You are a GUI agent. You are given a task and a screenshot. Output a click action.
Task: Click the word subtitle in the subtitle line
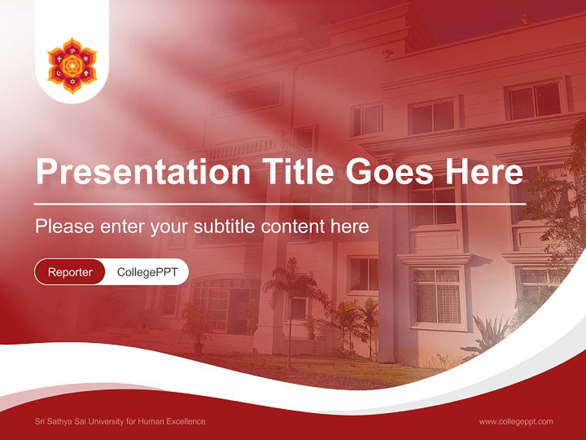coord(225,227)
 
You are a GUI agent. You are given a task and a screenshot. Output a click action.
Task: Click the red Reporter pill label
coord(70,272)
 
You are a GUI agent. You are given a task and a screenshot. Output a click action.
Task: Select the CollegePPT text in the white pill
coord(147,272)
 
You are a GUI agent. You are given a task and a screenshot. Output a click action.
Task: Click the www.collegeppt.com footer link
coord(516,421)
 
